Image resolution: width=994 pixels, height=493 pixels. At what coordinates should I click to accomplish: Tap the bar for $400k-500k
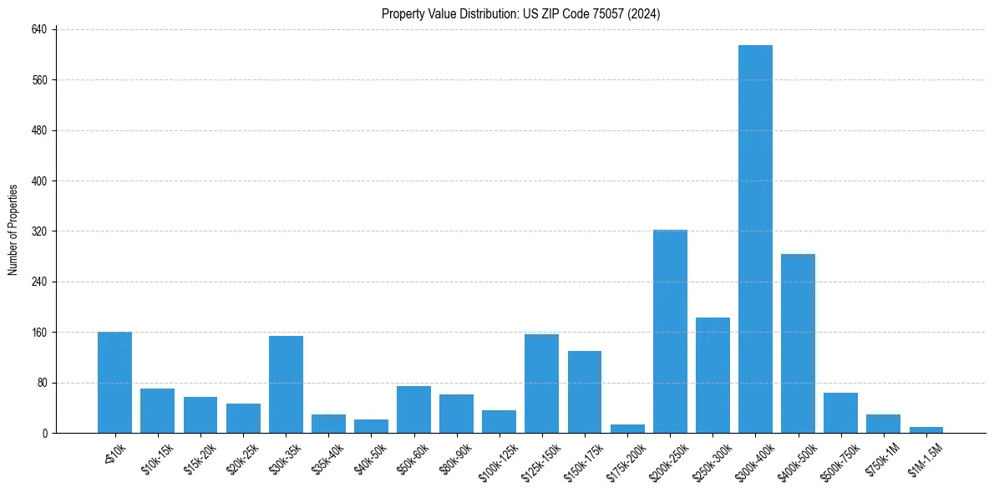(x=798, y=343)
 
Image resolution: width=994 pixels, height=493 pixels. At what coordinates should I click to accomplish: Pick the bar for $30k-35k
(x=286, y=384)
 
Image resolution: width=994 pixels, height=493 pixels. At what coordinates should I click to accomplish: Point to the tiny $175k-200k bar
(x=627, y=429)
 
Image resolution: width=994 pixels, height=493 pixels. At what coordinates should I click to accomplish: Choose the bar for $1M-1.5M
(x=926, y=429)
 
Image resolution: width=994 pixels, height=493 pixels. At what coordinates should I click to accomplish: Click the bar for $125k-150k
(x=541, y=384)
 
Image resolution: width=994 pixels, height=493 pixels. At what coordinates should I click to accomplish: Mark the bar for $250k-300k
(x=713, y=375)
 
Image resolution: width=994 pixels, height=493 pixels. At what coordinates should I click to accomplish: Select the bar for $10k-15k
(x=158, y=410)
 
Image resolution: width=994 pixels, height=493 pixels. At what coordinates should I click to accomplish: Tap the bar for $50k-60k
(x=413, y=409)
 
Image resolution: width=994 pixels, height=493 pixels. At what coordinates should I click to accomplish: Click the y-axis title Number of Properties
(x=13, y=230)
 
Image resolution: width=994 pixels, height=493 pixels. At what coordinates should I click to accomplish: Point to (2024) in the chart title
(x=645, y=14)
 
